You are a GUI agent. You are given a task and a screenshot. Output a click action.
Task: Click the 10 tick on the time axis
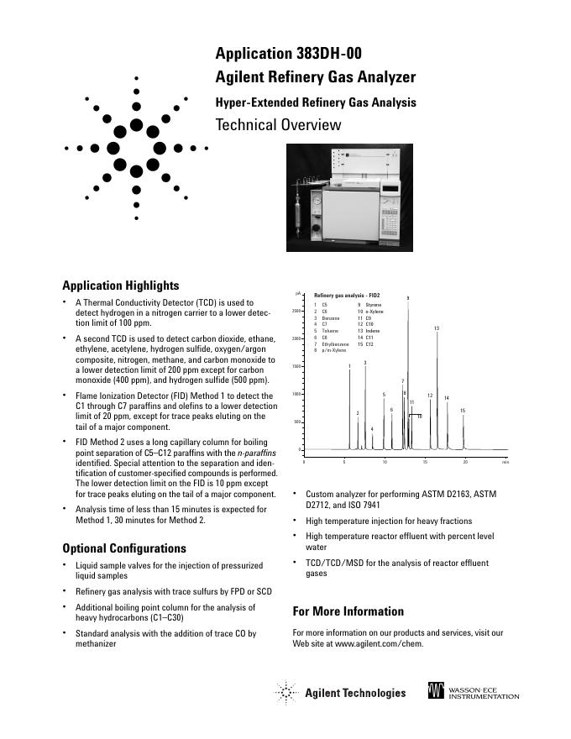tap(385, 462)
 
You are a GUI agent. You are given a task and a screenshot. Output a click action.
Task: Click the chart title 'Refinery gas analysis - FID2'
tap(347, 296)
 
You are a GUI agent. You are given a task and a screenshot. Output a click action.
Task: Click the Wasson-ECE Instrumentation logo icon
tap(436, 692)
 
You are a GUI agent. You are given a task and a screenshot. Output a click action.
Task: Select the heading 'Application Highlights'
tap(121, 286)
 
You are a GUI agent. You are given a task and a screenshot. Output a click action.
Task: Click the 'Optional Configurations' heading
tap(124, 548)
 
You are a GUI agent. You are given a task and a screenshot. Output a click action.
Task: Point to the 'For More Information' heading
tap(348, 611)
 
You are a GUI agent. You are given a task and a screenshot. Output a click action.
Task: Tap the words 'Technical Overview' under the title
tap(279, 126)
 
